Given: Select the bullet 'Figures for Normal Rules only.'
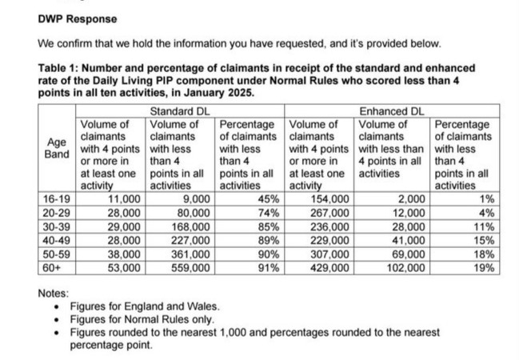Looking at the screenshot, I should point(140,319).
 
